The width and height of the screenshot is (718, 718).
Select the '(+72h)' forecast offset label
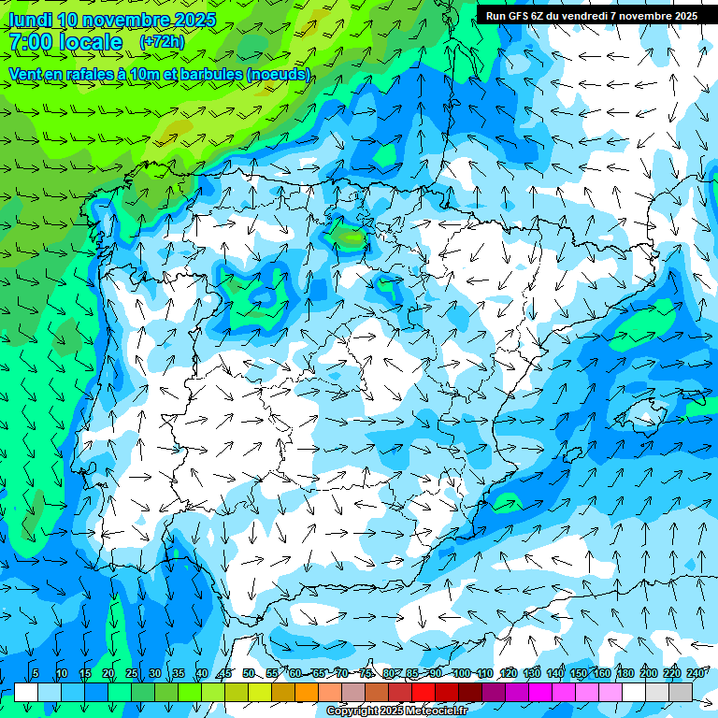tap(162, 42)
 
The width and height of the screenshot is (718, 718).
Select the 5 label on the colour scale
tap(35, 674)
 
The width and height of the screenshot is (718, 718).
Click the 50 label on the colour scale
tap(248, 674)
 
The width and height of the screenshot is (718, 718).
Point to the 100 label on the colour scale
tap(461, 674)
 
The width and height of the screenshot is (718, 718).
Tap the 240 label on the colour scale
tap(696, 674)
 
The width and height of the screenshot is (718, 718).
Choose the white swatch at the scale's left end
tap(26, 692)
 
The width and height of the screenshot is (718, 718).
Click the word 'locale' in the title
tap(91, 42)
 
